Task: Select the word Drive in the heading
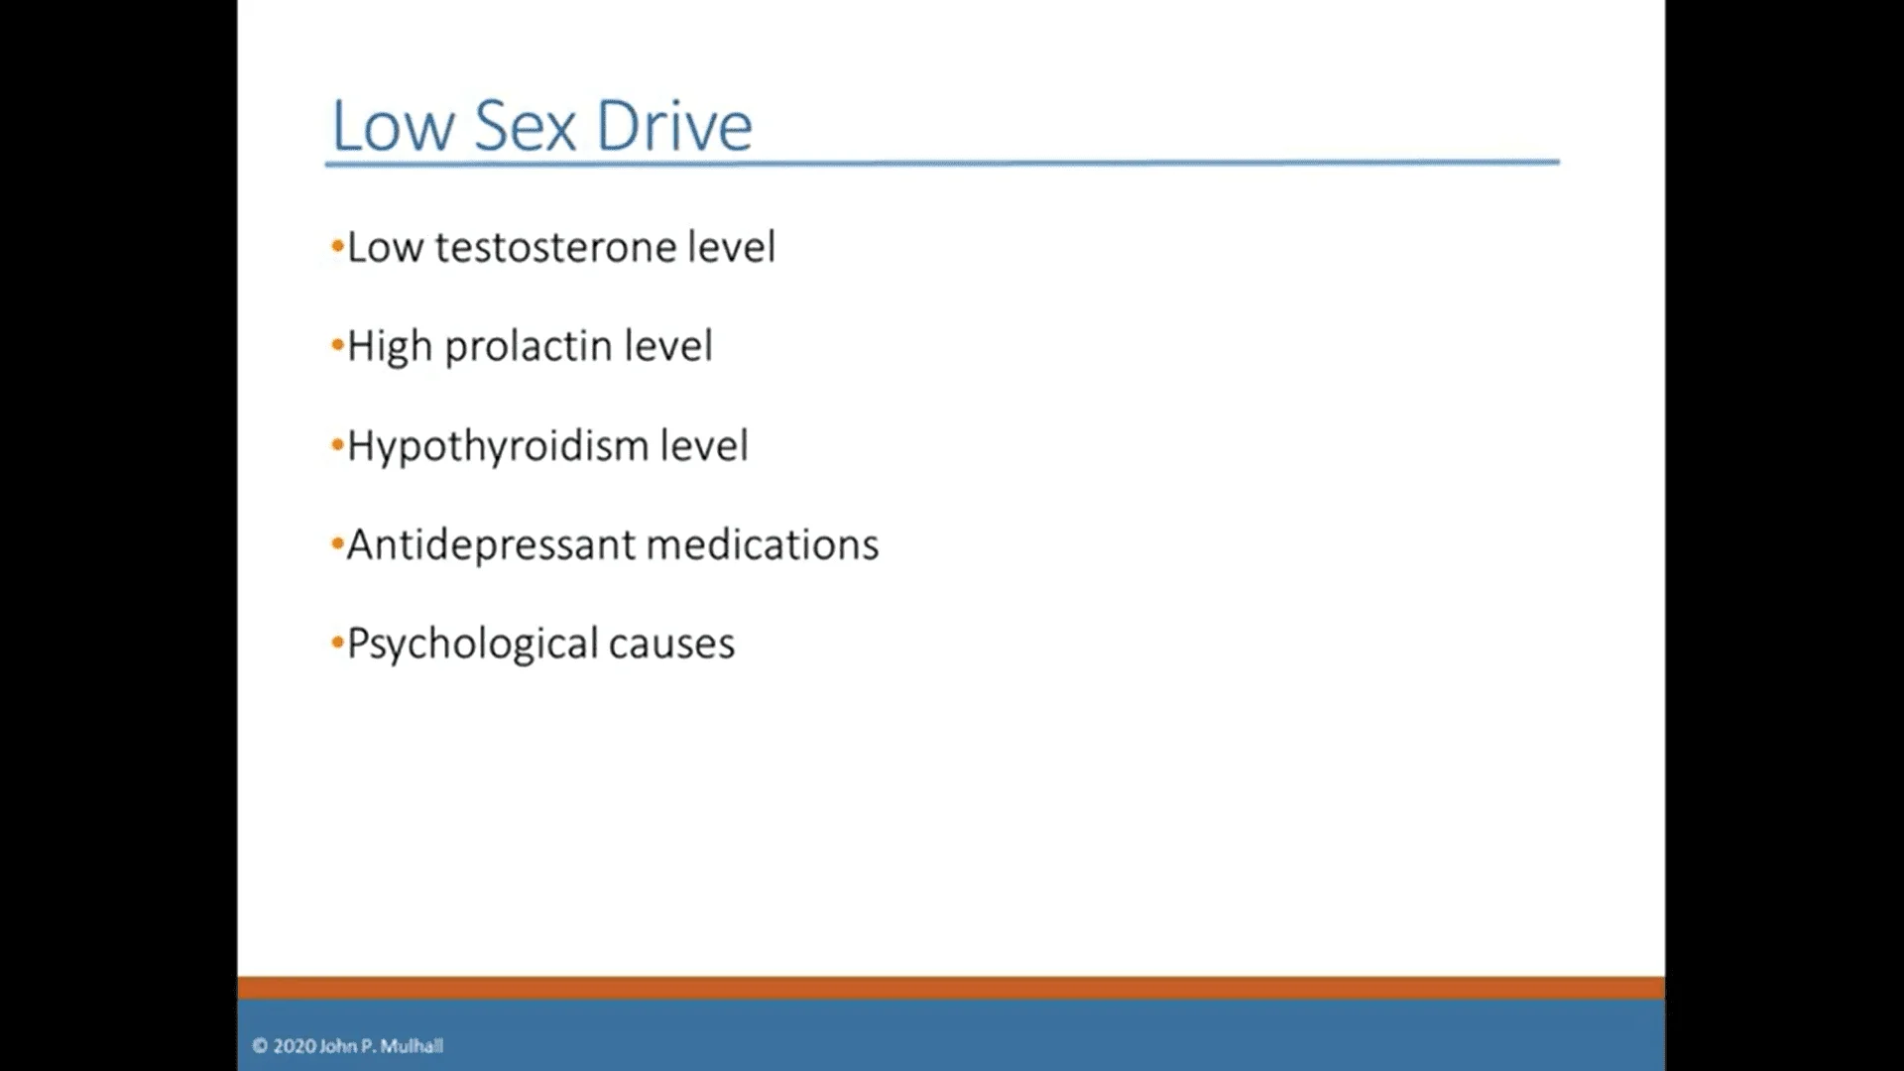[674, 126]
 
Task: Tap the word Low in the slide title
[393, 126]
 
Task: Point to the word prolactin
[528, 347]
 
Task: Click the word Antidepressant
[491, 545]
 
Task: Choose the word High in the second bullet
[390, 347]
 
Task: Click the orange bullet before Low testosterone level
[337, 246]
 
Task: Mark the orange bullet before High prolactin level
[337, 345]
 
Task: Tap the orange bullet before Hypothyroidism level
[337, 444]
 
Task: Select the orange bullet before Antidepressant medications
[337, 543]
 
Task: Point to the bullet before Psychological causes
[337, 643]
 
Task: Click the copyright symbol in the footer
[260, 1045]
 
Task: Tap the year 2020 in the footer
[295, 1045]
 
